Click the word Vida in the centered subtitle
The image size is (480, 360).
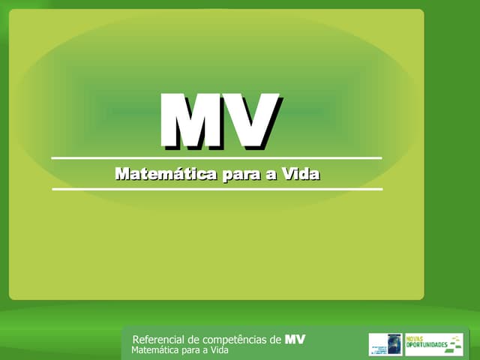pyautogui.click(x=300, y=174)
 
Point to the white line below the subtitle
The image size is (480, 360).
pyautogui.click(x=217, y=189)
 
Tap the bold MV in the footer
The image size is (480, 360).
pyautogui.click(x=295, y=340)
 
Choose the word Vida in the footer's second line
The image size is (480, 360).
pyautogui.click(x=219, y=350)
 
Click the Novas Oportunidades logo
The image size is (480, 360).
pyautogui.click(x=433, y=344)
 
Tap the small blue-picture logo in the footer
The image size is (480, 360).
pyautogui.click(x=385, y=344)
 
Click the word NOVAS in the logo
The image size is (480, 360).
pyautogui.click(x=415, y=338)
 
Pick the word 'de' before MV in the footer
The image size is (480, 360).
pyautogui.click(x=274, y=340)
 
